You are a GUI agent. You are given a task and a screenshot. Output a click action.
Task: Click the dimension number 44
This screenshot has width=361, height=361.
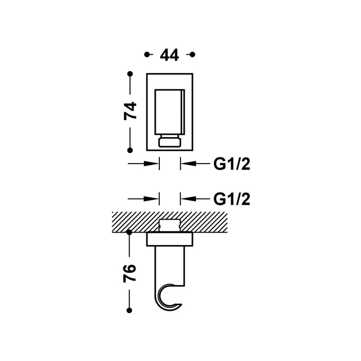169,55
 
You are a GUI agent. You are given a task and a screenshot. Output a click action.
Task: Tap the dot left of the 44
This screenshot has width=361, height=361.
147,55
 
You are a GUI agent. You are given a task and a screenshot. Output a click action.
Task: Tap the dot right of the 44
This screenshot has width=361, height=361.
192,55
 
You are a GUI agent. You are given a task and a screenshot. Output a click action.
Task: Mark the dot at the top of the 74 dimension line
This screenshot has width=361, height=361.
130,73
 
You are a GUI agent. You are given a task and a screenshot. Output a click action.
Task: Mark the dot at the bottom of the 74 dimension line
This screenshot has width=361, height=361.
130,150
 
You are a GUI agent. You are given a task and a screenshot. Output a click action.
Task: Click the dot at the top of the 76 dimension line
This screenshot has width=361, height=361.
130,233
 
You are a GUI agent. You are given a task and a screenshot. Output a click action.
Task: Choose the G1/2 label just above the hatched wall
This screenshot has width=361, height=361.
232,199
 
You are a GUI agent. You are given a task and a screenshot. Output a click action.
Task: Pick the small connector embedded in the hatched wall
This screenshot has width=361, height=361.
170,225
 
